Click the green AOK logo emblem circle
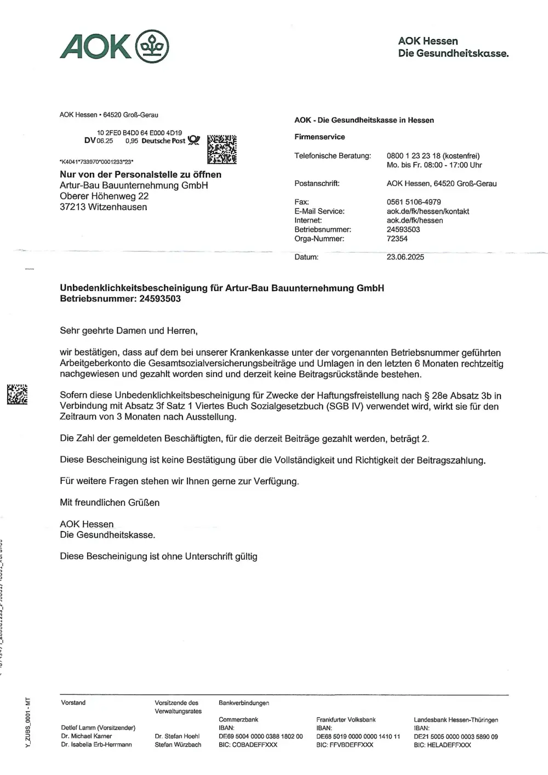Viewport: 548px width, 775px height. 152,46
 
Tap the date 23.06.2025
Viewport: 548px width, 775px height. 405,257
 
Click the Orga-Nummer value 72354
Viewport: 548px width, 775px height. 397,238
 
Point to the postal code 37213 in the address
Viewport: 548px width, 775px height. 73,207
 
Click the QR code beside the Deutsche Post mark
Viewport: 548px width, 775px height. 222,149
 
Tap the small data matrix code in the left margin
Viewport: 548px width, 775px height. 17,394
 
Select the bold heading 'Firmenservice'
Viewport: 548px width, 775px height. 319,137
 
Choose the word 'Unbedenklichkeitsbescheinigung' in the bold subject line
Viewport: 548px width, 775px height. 133,288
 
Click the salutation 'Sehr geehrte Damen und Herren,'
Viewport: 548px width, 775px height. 129,331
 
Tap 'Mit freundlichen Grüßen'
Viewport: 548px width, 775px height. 110,503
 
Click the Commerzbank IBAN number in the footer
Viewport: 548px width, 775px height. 260,737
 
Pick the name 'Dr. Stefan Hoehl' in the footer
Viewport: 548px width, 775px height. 177,736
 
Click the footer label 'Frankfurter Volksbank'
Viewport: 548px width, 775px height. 346,720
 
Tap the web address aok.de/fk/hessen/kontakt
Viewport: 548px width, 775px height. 427,211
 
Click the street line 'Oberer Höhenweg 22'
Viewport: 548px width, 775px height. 104,196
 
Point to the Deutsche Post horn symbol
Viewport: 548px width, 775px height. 194,140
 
